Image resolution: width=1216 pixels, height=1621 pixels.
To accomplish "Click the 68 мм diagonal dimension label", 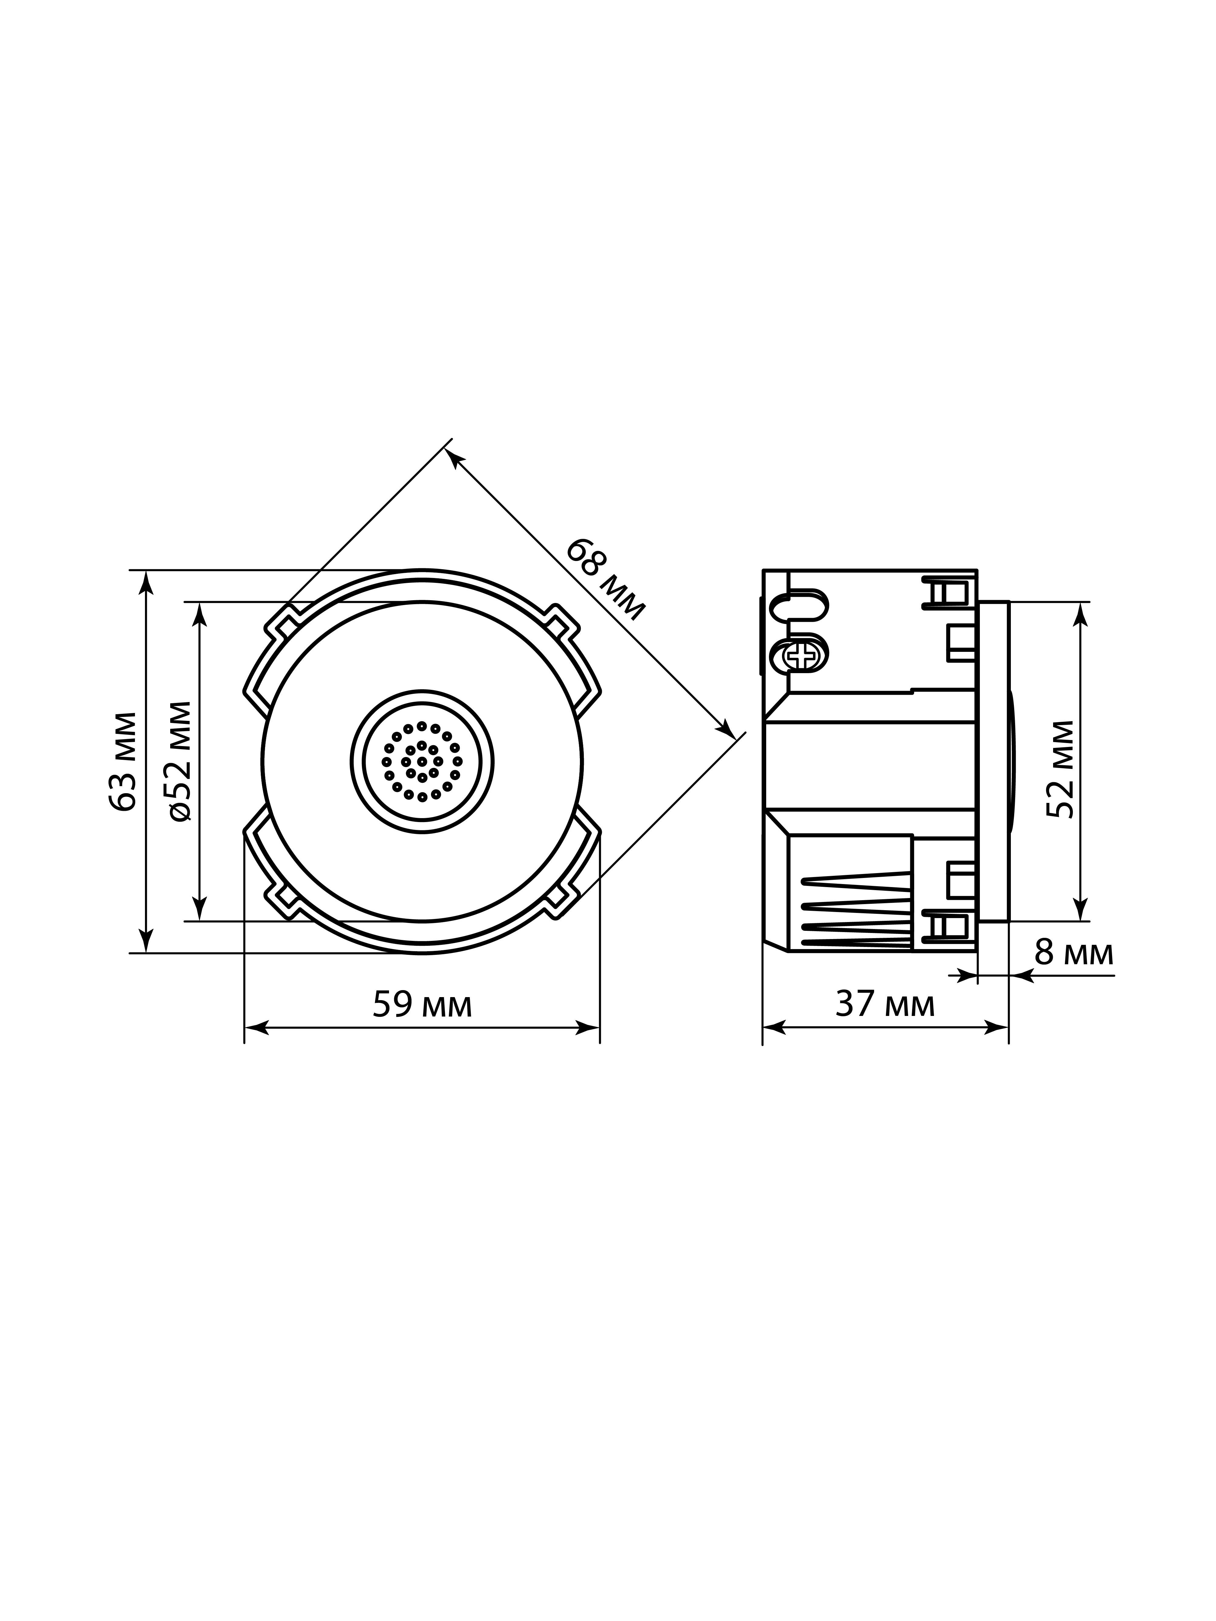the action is [x=606, y=579].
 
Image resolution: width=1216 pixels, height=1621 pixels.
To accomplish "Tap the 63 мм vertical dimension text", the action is [x=122, y=761].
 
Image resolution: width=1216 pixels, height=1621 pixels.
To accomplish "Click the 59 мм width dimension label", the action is [x=422, y=1004].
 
